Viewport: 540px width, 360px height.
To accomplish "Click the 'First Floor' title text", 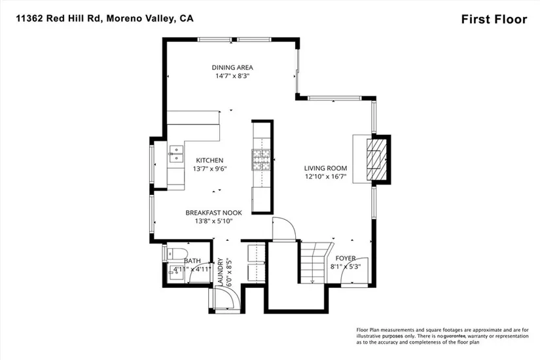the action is pos(494,19).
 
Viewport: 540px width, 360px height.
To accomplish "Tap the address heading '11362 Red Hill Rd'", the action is pos(58,18).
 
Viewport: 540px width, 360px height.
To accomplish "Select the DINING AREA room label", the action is pos(232,67).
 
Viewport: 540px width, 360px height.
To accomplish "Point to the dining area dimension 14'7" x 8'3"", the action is pos(232,76).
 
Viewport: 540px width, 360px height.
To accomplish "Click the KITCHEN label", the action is pos(209,160).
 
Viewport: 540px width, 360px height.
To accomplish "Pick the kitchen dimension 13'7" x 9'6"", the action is pos(209,169).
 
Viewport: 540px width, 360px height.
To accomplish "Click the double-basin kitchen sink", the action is pos(175,154).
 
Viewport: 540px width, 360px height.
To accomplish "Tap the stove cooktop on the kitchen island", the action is pos(261,160).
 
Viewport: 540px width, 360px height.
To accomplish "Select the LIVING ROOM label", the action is pos(325,168).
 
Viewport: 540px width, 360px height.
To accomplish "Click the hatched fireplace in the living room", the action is pos(376,160).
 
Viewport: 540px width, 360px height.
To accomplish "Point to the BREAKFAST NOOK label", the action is pos(213,213).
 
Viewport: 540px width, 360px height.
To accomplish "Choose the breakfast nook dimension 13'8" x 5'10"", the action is pos(213,221).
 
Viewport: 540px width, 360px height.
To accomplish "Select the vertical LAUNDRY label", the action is pos(221,272).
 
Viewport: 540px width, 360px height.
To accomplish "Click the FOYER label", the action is pos(346,259).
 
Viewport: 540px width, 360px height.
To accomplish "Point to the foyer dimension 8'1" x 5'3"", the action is pos(346,266).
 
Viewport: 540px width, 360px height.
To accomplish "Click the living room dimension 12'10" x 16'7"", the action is pos(325,177).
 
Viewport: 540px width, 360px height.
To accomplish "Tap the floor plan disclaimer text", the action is pos(442,336).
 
